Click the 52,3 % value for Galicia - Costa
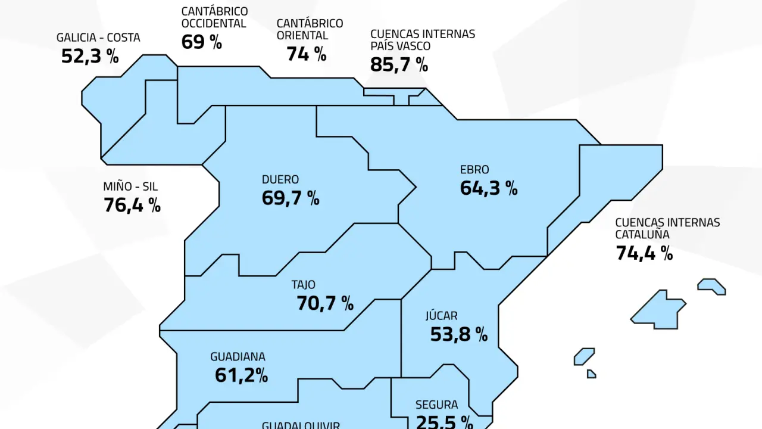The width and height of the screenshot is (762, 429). [90, 56]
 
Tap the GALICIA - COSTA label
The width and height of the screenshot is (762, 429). [98, 38]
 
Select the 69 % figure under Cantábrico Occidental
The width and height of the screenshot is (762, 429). [201, 42]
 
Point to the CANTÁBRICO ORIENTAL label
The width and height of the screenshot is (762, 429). [310, 29]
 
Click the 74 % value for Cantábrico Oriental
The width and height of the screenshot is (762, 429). [306, 54]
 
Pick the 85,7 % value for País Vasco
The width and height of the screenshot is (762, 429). [399, 64]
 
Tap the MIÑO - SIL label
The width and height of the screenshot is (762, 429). [130, 187]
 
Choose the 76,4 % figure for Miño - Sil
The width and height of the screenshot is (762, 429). [132, 205]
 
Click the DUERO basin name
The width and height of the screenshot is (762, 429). [280, 179]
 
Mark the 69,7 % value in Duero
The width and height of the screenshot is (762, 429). [291, 198]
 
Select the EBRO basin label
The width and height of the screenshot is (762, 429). [474, 170]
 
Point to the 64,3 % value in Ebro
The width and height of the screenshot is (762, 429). [489, 188]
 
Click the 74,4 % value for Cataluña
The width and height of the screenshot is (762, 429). [644, 253]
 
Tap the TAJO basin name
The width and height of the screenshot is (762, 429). [304, 285]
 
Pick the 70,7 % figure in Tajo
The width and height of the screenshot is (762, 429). [325, 303]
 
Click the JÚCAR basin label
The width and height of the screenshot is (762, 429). [441, 316]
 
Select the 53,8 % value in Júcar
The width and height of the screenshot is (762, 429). [459, 334]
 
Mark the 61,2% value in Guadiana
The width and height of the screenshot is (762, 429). [241, 375]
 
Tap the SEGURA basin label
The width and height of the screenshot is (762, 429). [436, 405]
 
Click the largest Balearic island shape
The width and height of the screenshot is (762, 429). [658, 310]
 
